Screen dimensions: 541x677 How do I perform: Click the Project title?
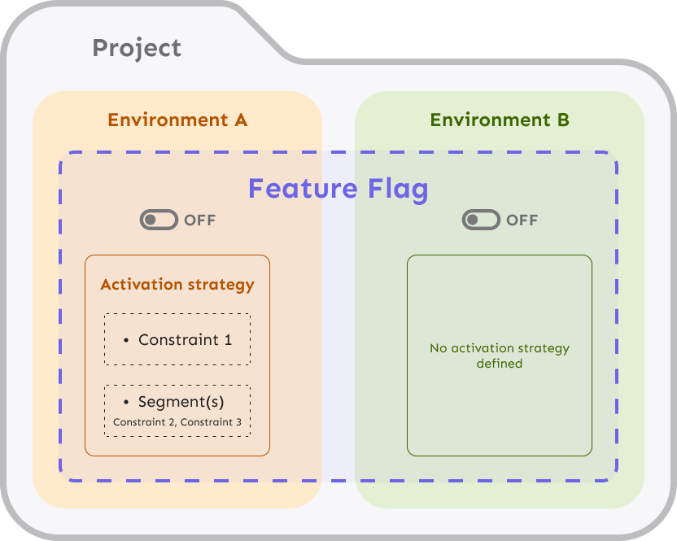tap(137, 48)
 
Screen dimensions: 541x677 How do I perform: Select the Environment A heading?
tap(177, 120)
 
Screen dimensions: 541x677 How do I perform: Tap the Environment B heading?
tap(499, 120)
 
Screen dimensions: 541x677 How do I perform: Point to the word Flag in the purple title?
tap(396, 189)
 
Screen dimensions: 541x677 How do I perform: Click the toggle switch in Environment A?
tap(158, 220)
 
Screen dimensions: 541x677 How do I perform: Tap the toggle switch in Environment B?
tap(480, 220)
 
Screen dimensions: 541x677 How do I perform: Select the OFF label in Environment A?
tap(200, 220)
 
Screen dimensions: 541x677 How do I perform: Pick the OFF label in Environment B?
tap(522, 220)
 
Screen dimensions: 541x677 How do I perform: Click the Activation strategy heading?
tap(177, 285)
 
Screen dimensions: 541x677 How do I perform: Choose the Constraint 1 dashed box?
tap(177, 339)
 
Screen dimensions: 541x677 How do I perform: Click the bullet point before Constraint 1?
tap(126, 340)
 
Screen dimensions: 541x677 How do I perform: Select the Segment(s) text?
tap(181, 402)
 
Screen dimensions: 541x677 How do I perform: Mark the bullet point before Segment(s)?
tap(126, 403)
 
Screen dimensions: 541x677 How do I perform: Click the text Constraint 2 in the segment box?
tap(144, 422)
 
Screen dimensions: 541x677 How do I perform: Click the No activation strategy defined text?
tap(499, 356)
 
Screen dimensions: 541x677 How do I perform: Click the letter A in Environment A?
tap(240, 120)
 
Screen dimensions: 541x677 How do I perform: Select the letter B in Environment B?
tap(562, 120)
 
